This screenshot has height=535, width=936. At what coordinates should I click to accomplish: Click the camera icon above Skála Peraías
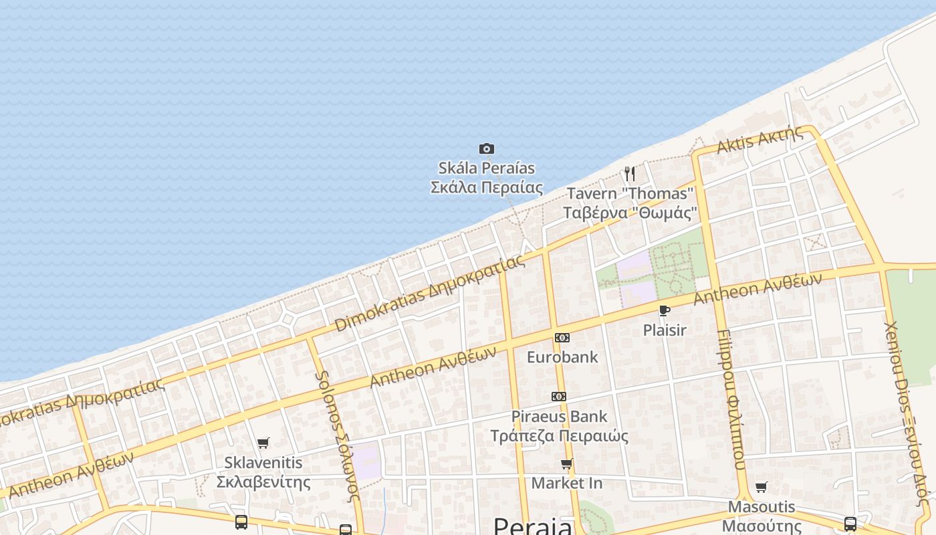point(486,148)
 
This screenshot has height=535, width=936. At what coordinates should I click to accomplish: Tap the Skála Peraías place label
point(486,177)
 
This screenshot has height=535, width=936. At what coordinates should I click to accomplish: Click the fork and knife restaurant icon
point(629,174)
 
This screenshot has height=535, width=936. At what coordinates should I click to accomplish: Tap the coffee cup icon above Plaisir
point(664,310)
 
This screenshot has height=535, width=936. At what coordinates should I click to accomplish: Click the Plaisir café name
point(665,330)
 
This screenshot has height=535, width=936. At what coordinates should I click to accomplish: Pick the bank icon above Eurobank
point(562,338)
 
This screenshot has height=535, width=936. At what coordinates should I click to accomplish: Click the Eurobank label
point(562,357)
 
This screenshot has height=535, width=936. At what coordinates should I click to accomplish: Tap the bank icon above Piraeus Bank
point(559,397)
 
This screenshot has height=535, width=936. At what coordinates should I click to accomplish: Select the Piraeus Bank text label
point(559,426)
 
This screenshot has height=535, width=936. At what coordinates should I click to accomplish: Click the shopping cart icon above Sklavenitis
point(263,443)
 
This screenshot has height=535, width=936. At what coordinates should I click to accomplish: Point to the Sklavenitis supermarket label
point(263,472)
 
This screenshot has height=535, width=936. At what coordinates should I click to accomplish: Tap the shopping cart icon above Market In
point(567,464)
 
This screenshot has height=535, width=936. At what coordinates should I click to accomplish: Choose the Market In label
point(567,483)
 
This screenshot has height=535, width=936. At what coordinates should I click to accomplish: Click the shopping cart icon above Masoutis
point(762,487)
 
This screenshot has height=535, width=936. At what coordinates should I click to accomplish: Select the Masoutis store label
point(762,516)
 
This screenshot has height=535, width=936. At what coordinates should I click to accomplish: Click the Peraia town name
point(532,526)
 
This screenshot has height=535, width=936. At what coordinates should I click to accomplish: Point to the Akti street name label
point(760,139)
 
